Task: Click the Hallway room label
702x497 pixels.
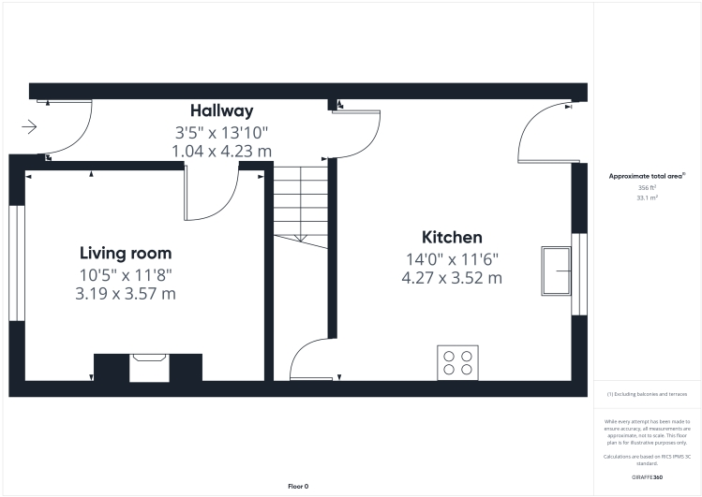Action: [x=222, y=111]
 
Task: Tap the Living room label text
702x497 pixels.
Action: [x=126, y=253]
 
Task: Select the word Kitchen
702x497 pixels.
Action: [x=452, y=237]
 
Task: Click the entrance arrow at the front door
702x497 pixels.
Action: [x=29, y=127]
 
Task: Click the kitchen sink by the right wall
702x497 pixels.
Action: [x=557, y=270]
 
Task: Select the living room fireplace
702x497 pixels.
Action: [x=148, y=366]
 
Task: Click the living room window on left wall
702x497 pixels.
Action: [x=15, y=262]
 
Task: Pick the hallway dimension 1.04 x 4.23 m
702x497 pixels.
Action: [x=222, y=150]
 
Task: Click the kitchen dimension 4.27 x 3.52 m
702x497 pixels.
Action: [x=452, y=278]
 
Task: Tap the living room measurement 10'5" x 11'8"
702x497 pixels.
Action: [x=126, y=274]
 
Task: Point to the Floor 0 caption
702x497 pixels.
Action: [x=298, y=486]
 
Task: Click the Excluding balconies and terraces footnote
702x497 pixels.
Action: [x=647, y=395]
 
